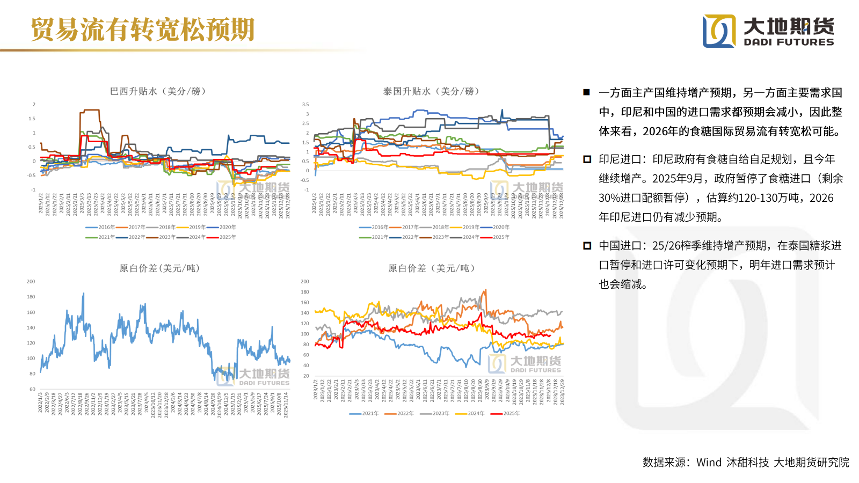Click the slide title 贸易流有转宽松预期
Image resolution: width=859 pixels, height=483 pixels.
click(x=142, y=30)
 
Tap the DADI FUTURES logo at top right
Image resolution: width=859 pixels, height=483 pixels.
click(x=768, y=31)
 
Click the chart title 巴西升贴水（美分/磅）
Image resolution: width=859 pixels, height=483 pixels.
click(x=159, y=91)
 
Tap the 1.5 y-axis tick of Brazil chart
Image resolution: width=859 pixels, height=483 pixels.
click(x=32, y=119)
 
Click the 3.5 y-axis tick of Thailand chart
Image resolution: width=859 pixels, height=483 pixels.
click(x=305, y=105)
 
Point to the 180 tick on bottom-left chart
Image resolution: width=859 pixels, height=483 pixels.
click(x=31, y=297)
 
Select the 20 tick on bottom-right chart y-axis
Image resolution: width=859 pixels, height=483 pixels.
click(x=306, y=376)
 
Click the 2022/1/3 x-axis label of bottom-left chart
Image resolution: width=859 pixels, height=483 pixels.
click(x=40, y=402)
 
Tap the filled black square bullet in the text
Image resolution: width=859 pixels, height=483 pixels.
click(x=587, y=92)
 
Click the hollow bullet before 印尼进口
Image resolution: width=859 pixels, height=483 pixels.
click(x=587, y=159)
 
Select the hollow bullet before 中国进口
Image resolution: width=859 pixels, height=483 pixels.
click(x=587, y=246)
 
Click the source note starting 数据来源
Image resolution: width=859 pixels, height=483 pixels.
click(x=746, y=462)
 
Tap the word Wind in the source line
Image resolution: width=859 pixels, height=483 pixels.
click(x=709, y=462)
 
